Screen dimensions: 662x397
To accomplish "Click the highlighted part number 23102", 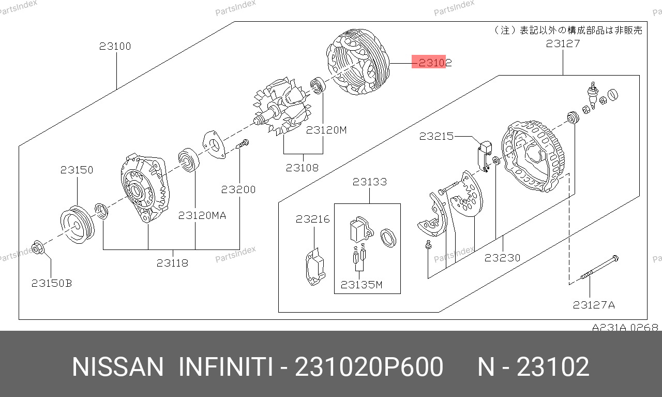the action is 435,63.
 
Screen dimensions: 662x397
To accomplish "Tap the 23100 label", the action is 115,46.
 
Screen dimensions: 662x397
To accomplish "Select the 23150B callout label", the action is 52,284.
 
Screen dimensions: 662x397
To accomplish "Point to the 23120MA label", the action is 202,215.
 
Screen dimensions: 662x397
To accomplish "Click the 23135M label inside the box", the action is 362,285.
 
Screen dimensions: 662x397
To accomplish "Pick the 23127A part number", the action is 594,305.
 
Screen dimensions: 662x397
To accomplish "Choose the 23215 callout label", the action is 436,136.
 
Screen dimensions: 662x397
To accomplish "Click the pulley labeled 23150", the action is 78,225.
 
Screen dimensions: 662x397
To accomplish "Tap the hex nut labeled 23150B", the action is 38,247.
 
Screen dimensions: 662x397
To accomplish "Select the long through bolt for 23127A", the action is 599,268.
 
